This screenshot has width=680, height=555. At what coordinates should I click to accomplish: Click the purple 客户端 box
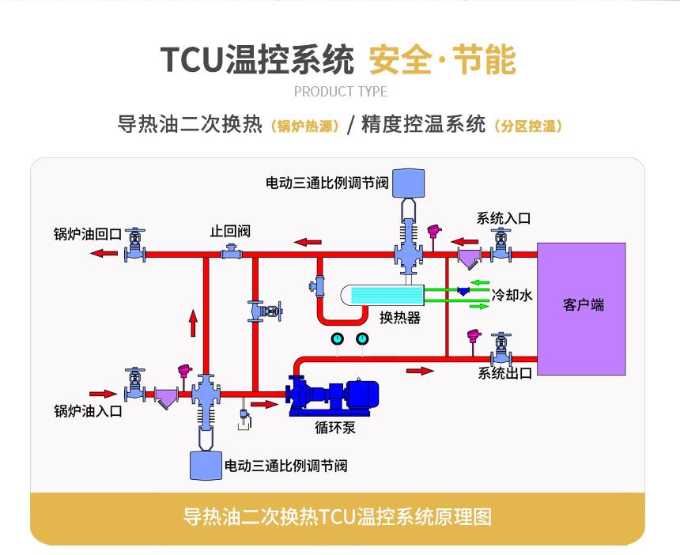(x=581, y=308)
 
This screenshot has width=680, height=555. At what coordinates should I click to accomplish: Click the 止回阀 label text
(x=230, y=231)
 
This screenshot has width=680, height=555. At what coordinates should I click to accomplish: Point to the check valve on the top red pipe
(x=232, y=252)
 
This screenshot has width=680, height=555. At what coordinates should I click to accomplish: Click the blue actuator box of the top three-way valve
(x=408, y=183)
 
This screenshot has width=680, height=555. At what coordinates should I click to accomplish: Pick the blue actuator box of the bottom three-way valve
(x=206, y=466)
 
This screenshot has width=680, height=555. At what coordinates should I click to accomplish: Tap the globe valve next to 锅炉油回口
(x=135, y=245)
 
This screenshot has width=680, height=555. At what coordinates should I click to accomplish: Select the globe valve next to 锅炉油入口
(x=135, y=386)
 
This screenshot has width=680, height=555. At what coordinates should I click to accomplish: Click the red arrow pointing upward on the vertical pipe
(x=193, y=323)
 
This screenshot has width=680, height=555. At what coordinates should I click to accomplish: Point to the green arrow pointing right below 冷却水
(x=480, y=307)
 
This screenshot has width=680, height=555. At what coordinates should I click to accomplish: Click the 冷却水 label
(x=512, y=295)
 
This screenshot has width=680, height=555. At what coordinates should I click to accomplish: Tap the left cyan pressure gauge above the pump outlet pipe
(x=337, y=338)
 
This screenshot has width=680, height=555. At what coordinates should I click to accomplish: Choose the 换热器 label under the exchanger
(x=400, y=318)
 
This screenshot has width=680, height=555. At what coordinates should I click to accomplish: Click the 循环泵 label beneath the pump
(x=334, y=428)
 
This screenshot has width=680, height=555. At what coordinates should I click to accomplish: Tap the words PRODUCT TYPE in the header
(x=341, y=92)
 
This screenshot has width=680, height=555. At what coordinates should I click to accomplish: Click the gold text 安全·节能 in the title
(x=442, y=60)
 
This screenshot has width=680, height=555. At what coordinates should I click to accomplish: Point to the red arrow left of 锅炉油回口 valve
(x=104, y=253)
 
